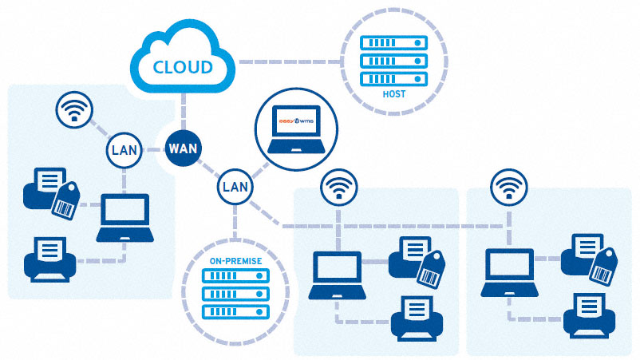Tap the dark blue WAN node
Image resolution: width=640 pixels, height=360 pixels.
(x=184, y=148)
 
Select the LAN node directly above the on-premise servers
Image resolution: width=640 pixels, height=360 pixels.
(x=235, y=188)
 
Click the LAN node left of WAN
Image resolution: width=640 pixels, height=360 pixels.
(x=123, y=150)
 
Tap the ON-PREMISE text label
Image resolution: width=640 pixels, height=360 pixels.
(x=235, y=259)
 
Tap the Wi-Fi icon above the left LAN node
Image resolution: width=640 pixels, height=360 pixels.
(x=75, y=111)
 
